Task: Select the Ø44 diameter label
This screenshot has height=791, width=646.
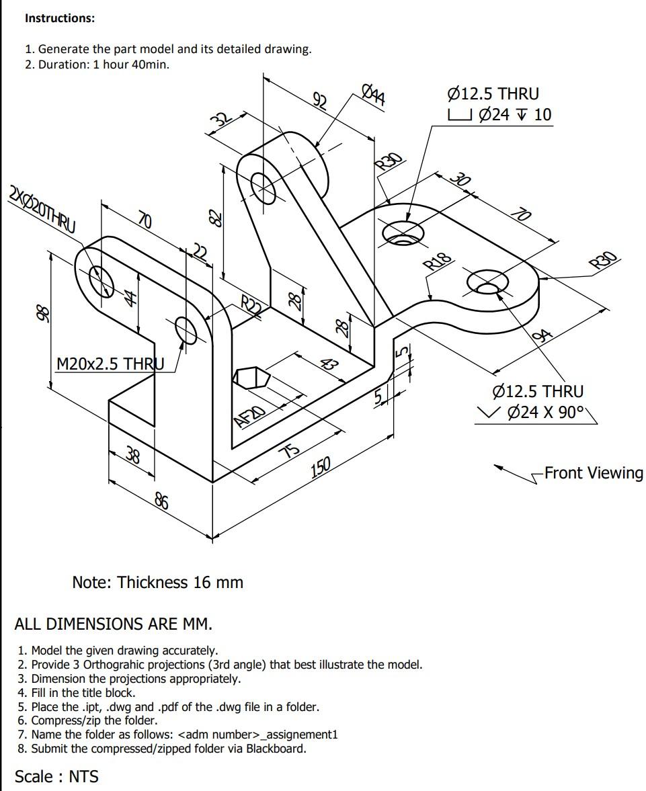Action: (373, 93)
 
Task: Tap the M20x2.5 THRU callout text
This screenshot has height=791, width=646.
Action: (110, 364)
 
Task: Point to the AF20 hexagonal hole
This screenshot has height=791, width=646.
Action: (251, 377)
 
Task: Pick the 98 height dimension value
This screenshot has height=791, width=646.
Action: (42, 314)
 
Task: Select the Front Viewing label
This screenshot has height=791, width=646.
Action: (593, 473)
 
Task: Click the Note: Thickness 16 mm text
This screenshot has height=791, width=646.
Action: (157, 582)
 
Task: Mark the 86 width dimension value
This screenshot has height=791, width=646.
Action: (161, 501)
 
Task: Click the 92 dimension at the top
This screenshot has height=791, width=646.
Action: (320, 101)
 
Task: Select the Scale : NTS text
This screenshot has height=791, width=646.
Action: (56, 776)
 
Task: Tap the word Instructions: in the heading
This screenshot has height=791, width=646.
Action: (60, 18)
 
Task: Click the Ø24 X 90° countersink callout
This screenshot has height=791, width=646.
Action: (545, 412)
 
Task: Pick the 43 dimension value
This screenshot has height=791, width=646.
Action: (327, 364)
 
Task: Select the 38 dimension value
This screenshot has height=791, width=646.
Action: (132, 457)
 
